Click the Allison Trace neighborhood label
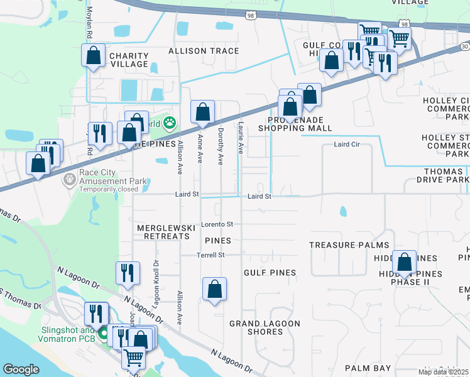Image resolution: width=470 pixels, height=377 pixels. click(203, 51)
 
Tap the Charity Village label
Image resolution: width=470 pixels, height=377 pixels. click(129, 60)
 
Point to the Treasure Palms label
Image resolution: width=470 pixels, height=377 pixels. click(349, 245)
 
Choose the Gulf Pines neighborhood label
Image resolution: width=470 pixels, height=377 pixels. click(270, 272)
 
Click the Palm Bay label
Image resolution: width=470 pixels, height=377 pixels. click(368, 368)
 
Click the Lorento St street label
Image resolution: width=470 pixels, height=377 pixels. click(217, 224)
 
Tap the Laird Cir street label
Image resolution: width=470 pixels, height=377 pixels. click(347, 145)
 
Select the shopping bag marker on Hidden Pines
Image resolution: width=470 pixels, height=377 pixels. click(405, 261)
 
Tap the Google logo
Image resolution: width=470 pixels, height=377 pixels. click(21, 369)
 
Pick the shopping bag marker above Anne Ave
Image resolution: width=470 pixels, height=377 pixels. click(202, 112)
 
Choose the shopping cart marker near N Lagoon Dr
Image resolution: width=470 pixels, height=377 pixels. click(133, 358)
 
